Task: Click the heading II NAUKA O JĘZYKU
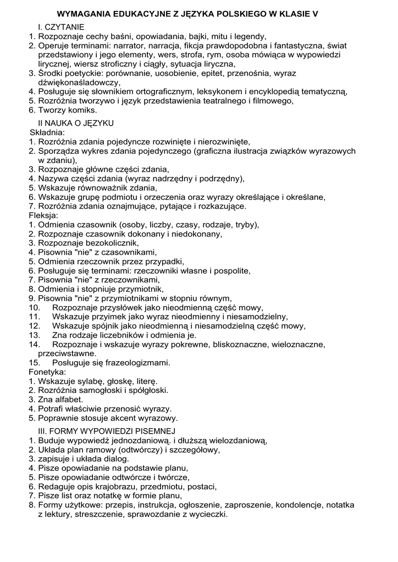[76, 123]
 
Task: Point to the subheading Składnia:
[47, 132]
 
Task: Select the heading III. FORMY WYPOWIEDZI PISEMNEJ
[106, 430]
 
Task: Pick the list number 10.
[35, 307]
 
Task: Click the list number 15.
[35, 363]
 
